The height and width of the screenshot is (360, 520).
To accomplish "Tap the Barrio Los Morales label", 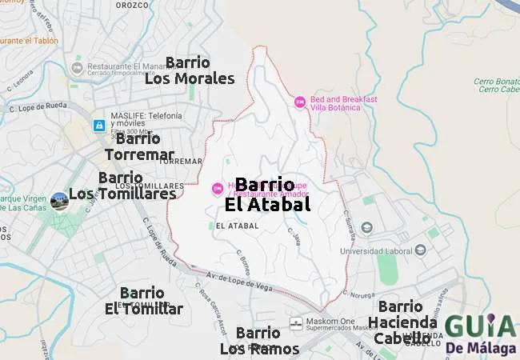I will tap(190, 70).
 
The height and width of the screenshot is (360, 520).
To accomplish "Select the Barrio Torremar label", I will tap(139, 146).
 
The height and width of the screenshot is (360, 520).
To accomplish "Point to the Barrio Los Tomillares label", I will tap(122, 186).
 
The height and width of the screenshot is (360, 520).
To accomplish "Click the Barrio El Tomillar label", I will tap(143, 301).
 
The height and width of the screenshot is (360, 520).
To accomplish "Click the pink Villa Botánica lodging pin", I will tap(300, 102).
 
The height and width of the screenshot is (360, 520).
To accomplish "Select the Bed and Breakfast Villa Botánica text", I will tap(343, 102).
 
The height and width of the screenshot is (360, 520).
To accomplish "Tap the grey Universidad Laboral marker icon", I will tap(366, 227).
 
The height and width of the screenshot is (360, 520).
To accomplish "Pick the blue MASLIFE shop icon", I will tap(98, 126).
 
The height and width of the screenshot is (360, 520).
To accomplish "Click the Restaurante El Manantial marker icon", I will tap(77, 67).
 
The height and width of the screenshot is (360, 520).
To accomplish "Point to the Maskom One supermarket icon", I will tap(296, 322).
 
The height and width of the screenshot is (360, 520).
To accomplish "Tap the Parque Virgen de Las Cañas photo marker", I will tap(58, 200).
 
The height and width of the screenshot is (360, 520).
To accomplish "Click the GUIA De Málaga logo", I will tap(479, 334).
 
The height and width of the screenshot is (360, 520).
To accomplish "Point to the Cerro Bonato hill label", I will tap(496, 81).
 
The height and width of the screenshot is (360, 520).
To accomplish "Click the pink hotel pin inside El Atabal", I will tap(217, 189).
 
